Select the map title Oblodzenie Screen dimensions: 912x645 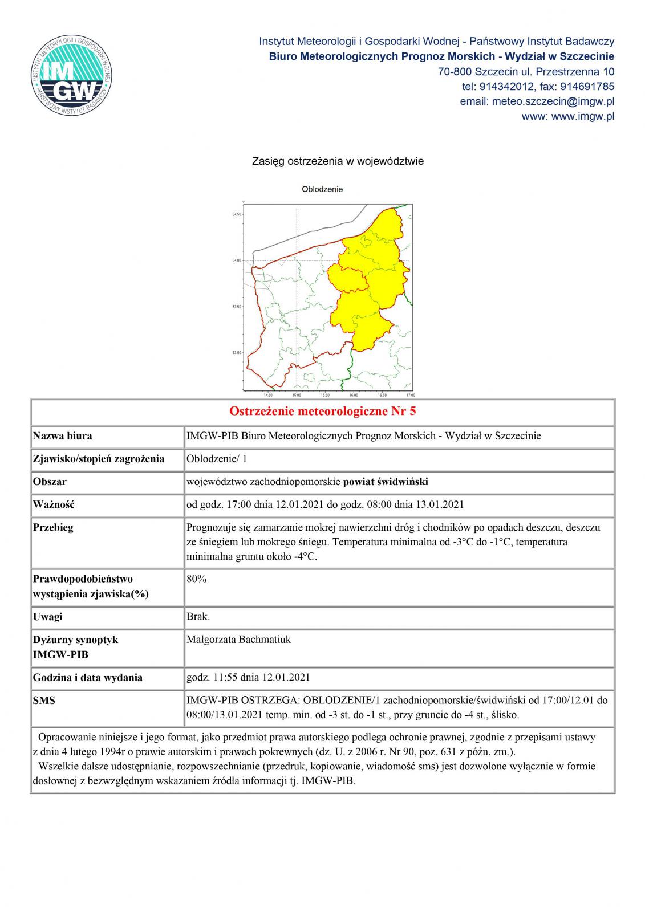[x=322, y=189]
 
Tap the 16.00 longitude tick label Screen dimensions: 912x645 [x=354, y=395]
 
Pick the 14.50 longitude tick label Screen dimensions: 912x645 [x=268, y=395]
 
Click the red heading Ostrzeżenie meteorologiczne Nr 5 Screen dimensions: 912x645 [x=322, y=412]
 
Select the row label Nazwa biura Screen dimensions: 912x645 [x=63, y=436]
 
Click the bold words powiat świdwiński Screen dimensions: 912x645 [x=386, y=482]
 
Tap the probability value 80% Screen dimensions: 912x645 [x=196, y=579]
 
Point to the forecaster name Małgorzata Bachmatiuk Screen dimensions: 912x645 [x=238, y=640]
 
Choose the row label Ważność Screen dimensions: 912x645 [x=54, y=504]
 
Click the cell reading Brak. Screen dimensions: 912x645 [x=198, y=617]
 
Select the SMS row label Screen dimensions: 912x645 [x=44, y=700]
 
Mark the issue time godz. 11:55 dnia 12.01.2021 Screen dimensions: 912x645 [x=248, y=678]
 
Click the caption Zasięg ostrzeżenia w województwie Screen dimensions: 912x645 [x=338, y=161]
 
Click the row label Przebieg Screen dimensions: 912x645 [x=54, y=527]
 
